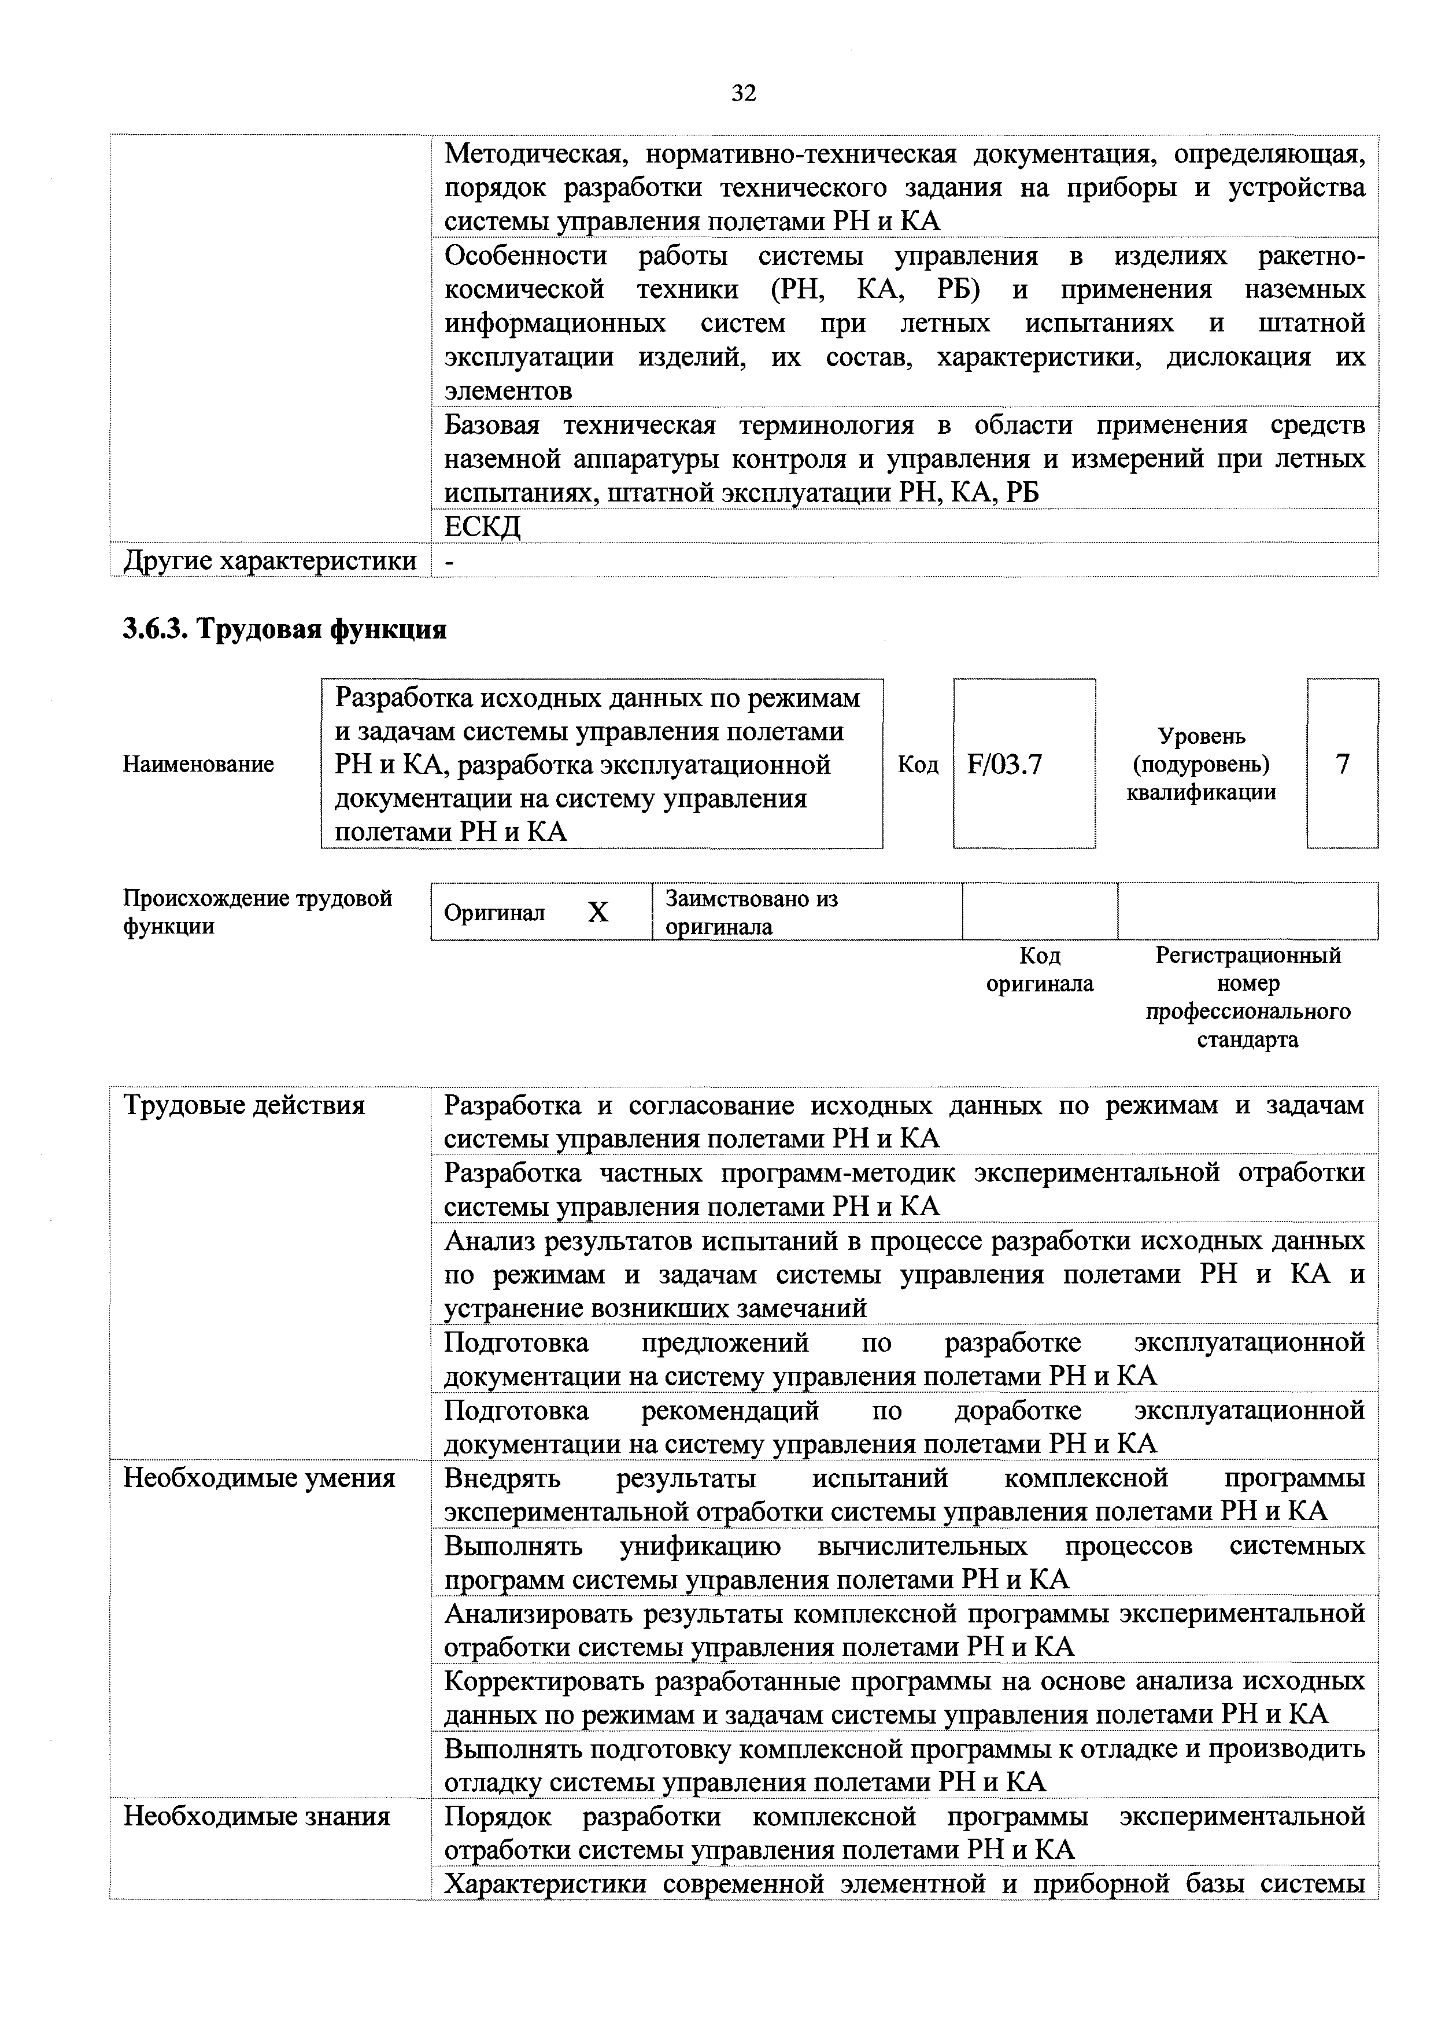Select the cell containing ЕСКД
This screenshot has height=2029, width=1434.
point(482,527)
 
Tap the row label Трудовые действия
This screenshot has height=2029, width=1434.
point(244,1105)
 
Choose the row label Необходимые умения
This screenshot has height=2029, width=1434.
point(259,1478)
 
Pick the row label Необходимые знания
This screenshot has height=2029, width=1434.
point(256,1816)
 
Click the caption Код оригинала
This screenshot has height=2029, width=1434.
point(1039,969)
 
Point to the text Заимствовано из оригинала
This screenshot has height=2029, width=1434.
point(751,912)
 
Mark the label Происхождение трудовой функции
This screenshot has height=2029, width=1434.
point(256,912)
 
